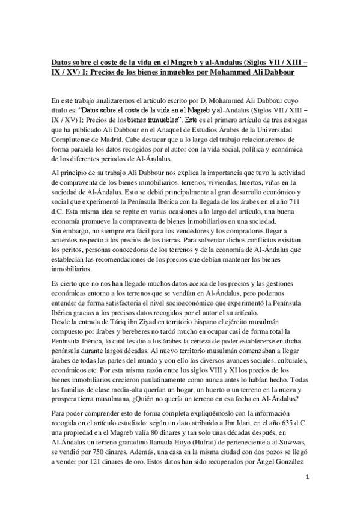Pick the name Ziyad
click(148, 322)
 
